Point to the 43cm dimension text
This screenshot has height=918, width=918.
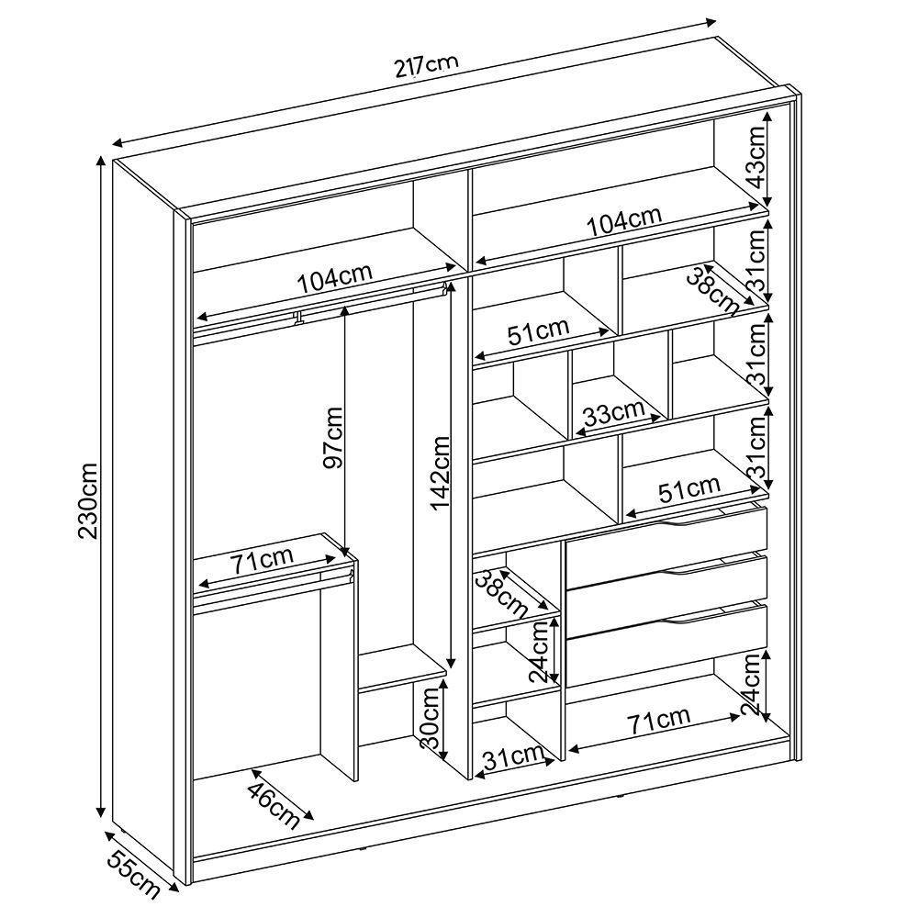click(x=755, y=157)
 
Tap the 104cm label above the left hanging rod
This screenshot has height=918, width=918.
click(x=334, y=277)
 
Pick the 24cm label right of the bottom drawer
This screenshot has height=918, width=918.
click(x=753, y=684)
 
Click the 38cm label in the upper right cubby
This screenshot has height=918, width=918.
click(x=712, y=285)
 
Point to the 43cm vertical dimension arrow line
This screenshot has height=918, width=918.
click(x=769, y=157)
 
